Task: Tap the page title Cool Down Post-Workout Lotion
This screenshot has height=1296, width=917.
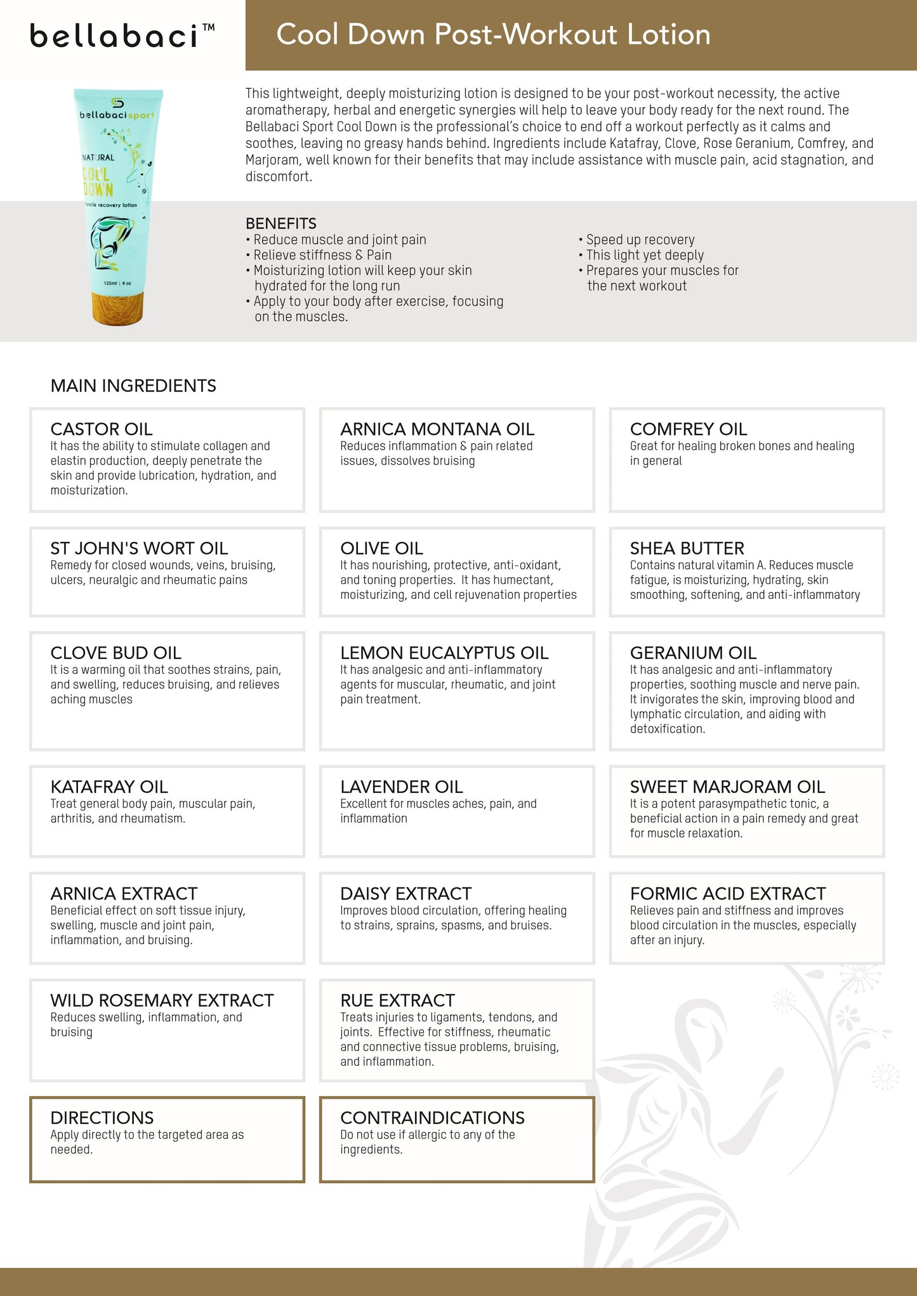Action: [493, 34]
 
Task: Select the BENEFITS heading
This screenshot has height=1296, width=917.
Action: [280, 223]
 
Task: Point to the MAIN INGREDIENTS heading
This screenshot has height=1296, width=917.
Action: [133, 386]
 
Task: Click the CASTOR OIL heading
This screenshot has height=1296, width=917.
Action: [102, 429]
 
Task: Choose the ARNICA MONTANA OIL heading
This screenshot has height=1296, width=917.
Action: [437, 429]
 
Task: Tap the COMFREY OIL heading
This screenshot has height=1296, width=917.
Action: [689, 429]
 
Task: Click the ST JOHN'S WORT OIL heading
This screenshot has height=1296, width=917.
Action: [139, 548]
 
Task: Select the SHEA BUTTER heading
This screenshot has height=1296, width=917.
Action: [687, 548]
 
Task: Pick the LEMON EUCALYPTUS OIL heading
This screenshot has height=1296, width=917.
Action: [444, 653]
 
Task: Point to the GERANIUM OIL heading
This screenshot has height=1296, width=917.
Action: [693, 653]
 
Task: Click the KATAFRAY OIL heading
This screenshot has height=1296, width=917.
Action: [109, 787]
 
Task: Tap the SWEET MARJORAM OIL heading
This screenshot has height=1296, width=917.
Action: [727, 787]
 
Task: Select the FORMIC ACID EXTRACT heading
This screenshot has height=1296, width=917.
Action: [728, 893]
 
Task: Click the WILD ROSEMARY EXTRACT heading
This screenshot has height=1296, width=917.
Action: [162, 1000]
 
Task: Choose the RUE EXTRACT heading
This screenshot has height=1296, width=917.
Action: [397, 1000]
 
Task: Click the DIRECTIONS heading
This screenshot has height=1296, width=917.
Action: [102, 1118]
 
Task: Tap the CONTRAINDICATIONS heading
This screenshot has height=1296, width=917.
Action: [432, 1118]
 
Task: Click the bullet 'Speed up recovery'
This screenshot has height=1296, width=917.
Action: [640, 240]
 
